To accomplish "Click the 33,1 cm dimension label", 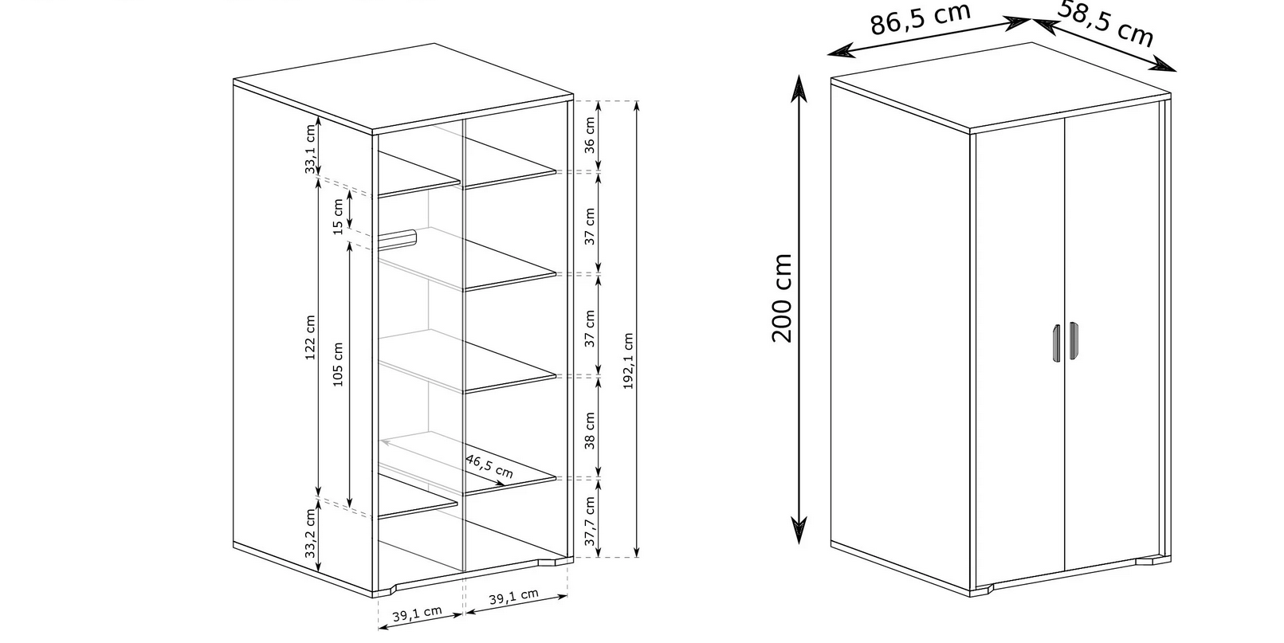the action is pos(310,149).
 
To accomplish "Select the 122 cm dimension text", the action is pos(310,338).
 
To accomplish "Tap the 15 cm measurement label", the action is pos(338,217).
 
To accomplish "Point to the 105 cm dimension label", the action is pos(338,364).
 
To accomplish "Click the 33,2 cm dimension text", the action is pos(310,533).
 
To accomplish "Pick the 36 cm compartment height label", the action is pos(589,135).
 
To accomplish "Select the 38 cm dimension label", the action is pos(589,430).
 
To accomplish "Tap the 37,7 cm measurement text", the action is pos(589,521).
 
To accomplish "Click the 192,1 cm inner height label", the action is pos(628,361).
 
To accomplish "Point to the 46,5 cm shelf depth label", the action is pos(489,466).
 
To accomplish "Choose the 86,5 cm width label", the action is pos(920,19).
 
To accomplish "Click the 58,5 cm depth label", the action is pos(1105,23).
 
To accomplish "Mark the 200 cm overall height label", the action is pos(782,298).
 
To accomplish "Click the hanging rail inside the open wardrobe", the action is pos(397,239).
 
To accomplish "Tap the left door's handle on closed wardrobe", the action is pos(1056,343).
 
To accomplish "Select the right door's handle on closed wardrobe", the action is pos(1074,341).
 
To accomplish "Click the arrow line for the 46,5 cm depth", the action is pos(443,463).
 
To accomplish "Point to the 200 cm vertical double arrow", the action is pos(799,309).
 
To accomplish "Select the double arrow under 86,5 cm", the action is pos(929,37).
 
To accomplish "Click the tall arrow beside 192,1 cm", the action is pos(637,329).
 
